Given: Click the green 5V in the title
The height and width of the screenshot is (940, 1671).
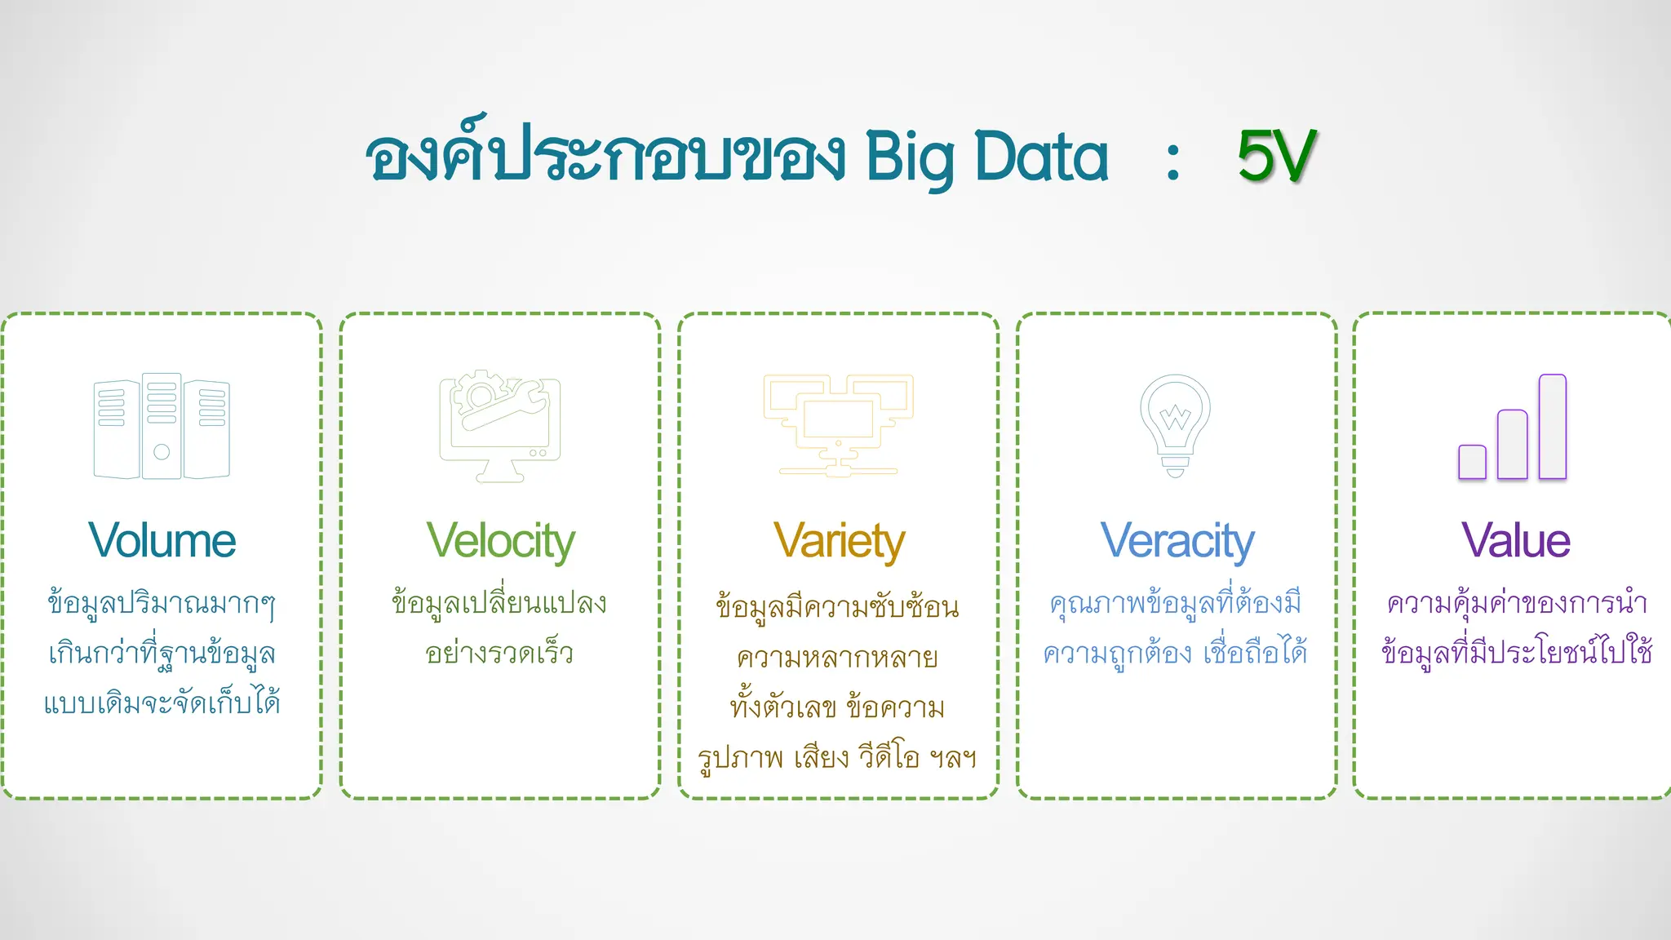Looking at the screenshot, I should (1276, 156).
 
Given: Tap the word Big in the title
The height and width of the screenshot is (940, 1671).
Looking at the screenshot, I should (910, 159).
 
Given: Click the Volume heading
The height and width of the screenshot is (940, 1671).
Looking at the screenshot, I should (162, 540).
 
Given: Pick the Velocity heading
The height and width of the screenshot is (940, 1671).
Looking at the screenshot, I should (500, 542).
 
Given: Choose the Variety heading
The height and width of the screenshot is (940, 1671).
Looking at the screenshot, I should (839, 542).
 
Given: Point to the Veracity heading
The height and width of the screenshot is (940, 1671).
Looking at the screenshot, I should (1177, 542).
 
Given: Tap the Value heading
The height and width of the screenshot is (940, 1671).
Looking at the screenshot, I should (1515, 540).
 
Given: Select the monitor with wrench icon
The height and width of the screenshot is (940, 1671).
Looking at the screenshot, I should (500, 426).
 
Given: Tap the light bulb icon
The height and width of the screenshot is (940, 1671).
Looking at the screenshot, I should (1175, 424).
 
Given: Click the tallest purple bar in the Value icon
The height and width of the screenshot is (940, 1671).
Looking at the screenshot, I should (1552, 426).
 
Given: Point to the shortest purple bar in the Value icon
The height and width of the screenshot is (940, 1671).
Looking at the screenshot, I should (1472, 462).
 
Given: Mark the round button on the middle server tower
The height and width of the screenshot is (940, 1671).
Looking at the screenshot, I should (162, 451).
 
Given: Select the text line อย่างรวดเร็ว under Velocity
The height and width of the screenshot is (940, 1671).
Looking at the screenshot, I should (499, 654).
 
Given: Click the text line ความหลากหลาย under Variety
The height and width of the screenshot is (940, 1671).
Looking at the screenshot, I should (837, 658).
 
